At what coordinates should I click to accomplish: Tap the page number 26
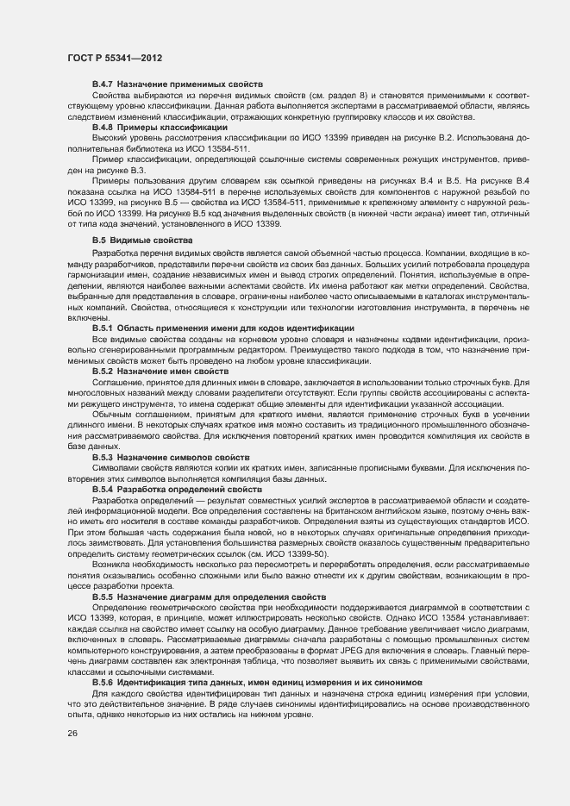click(72, 734)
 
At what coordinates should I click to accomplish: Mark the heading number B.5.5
click(103, 597)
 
